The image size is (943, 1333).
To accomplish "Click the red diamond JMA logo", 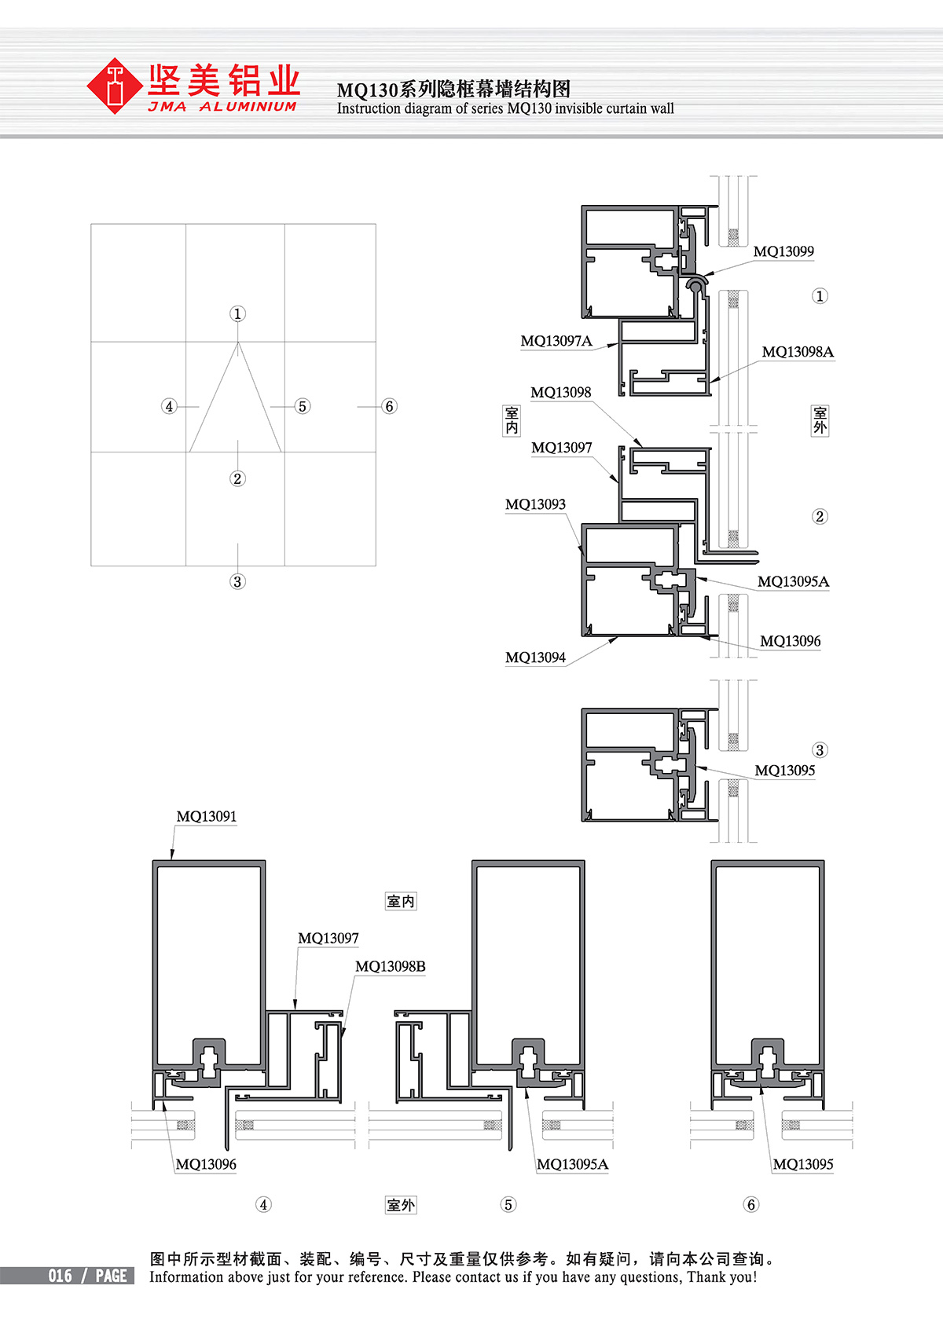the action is coord(115,86).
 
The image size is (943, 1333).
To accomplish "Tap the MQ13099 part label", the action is coord(783,251).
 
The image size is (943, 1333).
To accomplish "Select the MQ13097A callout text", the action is coord(556,341).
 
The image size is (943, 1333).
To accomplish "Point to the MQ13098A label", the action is coord(798,352).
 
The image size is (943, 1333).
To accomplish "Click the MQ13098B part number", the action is coord(391,966).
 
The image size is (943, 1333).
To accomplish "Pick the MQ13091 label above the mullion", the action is coord(207,816).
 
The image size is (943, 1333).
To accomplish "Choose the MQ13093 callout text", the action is coord(535,504).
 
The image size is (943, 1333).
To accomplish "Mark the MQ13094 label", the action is coord(535,657).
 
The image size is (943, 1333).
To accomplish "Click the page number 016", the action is coord(61,1276).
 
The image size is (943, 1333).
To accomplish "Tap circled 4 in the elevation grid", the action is coord(169,406).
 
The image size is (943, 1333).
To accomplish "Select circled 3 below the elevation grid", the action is coord(237,581).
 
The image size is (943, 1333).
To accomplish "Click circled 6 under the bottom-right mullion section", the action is coord(751,1204).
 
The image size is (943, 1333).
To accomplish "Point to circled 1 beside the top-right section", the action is coord(820,296).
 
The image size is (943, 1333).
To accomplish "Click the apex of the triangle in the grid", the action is coord(237,342).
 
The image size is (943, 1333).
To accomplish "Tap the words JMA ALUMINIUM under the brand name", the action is coord(222,107).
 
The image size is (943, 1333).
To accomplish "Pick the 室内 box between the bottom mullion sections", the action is coord(401,901).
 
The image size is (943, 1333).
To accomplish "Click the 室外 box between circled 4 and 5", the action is coord(401,1205).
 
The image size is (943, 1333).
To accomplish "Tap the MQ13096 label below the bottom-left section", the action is coord(206,1164).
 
